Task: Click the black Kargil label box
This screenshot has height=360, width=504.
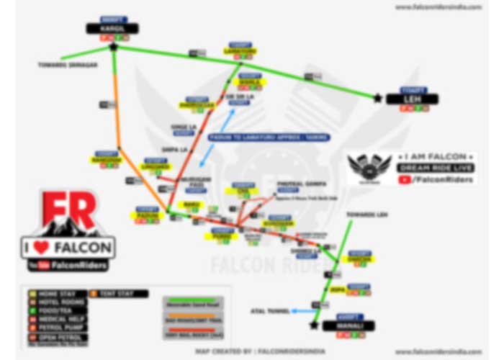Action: point(112,28)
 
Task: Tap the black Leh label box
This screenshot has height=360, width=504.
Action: point(413,99)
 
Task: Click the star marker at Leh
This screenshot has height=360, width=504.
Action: point(377,98)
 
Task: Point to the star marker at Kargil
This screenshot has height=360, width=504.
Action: point(113,47)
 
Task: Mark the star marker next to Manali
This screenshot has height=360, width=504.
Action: point(314,325)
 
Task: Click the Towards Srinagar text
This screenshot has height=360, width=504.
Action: point(67,64)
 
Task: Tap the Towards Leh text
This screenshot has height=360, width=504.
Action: point(366,214)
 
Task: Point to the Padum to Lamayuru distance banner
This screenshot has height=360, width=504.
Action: point(268,137)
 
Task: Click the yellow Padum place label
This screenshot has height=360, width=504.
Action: point(147,214)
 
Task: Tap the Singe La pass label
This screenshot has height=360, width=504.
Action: point(183,126)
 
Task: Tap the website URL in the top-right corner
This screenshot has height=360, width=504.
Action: point(448,6)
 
